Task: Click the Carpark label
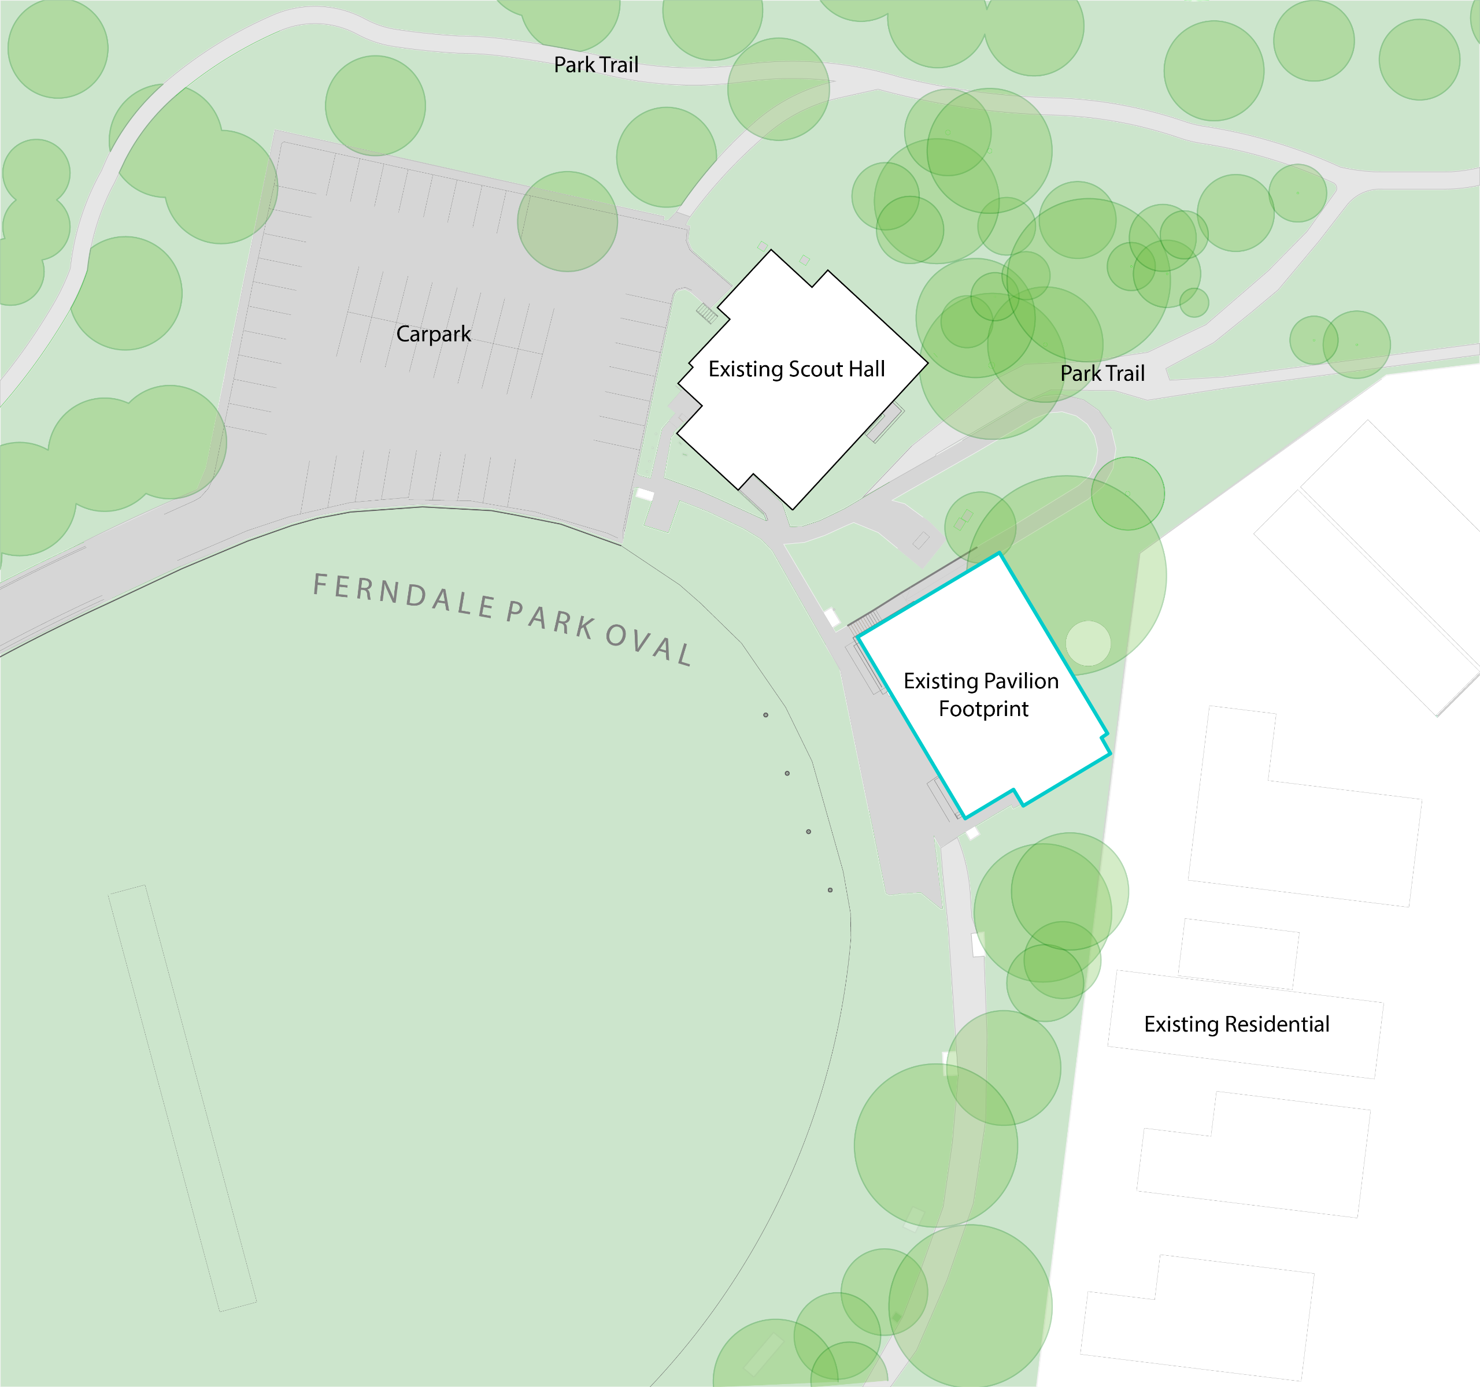(433, 334)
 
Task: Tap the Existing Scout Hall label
(797, 369)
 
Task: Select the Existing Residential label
(1237, 1024)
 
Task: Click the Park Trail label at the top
(595, 65)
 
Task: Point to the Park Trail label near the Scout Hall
(1102, 373)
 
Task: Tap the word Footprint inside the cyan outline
(983, 709)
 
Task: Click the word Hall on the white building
(866, 369)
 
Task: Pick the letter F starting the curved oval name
(319, 584)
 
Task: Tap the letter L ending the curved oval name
(685, 655)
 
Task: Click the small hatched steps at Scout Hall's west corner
(706, 313)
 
